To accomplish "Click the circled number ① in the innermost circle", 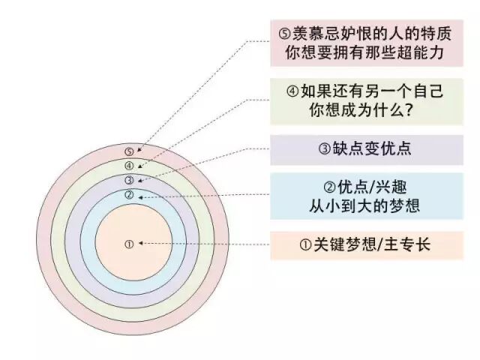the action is pyautogui.click(x=128, y=244).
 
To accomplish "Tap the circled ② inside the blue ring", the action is pyautogui.click(x=129, y=195).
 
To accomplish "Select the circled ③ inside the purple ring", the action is pyautogui.click(x=129, y=180).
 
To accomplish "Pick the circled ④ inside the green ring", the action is pyautogui.click(x=129, y=166).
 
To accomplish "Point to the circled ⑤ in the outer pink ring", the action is pyautogui.click(x=129, y=151).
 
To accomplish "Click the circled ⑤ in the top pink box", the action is pyautogui.click(x=283, y=33).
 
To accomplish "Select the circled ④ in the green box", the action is pyautogui.click(x=293, y=92).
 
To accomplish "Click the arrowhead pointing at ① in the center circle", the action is pyautogui.click(x=141, y=244).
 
